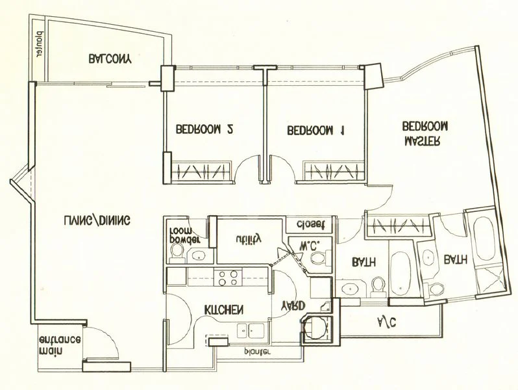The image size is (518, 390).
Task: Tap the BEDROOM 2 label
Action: coord(204,129)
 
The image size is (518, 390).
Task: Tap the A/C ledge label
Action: coord(388,320)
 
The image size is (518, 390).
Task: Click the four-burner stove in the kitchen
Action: coord(227,278)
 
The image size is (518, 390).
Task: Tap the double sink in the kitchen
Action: coord(249,329)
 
